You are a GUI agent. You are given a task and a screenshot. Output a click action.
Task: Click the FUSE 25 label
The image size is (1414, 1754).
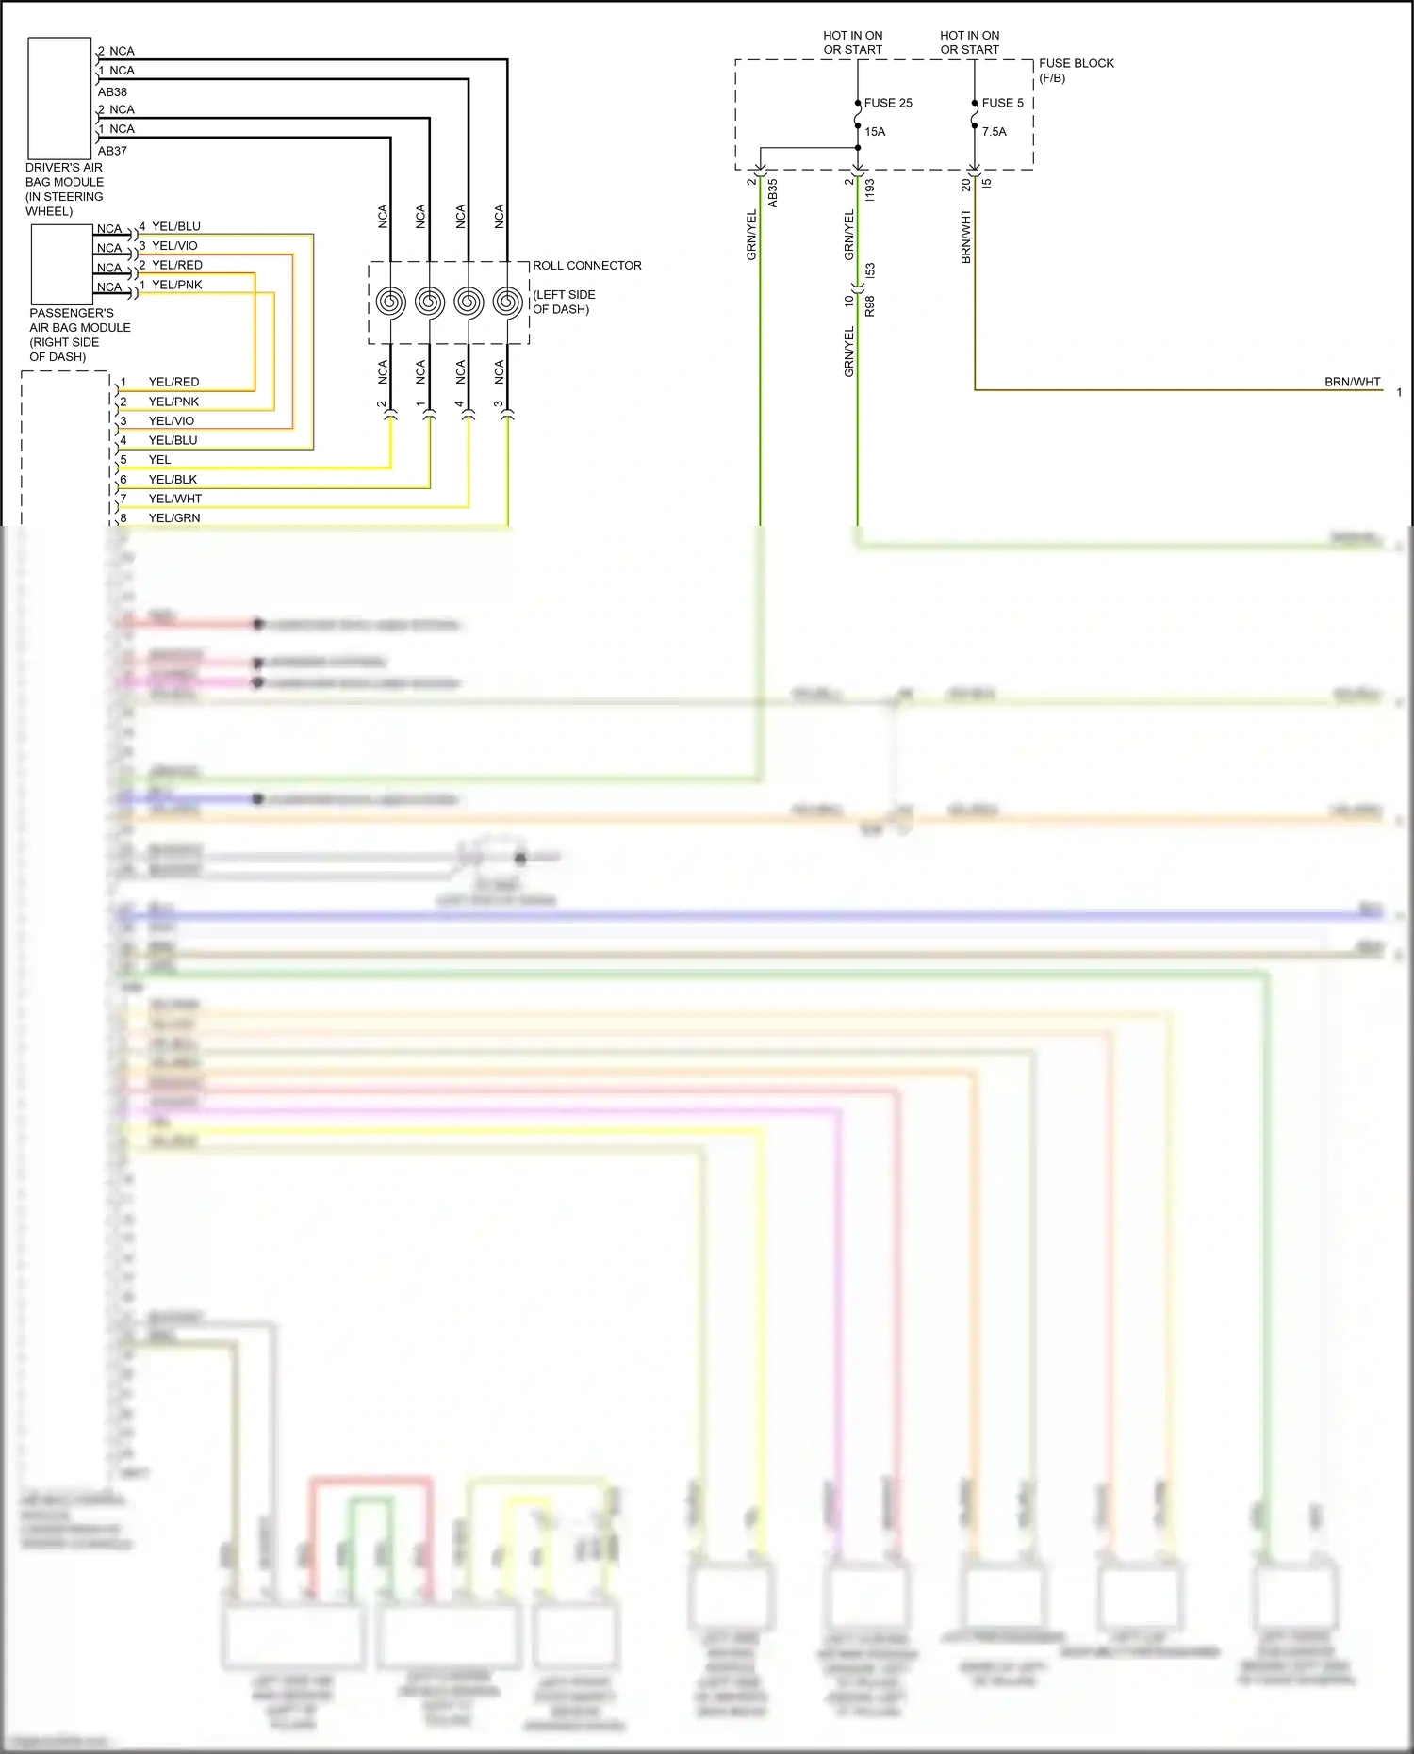[888, 103]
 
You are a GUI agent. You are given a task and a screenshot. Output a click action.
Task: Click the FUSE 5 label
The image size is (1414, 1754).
[1002, 103]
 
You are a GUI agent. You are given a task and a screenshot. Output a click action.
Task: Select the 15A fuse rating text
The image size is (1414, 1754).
[875, 132]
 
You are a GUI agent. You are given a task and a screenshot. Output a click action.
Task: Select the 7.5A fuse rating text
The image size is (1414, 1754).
[994, 132]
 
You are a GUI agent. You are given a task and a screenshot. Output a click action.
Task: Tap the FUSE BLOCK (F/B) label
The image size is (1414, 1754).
[1076, 70]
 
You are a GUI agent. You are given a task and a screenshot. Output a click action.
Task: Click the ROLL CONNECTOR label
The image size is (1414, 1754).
[586, 266]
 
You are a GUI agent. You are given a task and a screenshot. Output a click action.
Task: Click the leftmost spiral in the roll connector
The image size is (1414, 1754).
[390, 303]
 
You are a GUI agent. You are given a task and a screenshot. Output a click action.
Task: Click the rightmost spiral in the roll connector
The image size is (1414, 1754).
[507, 303]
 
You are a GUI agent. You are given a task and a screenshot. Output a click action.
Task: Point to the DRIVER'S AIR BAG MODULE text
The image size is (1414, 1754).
[64, 189]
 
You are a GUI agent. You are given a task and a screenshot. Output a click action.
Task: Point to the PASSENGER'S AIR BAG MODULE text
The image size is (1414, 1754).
[79, 335]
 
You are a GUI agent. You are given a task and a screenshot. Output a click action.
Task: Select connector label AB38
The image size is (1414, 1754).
[112, 92]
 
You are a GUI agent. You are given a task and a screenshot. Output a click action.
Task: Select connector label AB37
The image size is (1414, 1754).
[112, 151]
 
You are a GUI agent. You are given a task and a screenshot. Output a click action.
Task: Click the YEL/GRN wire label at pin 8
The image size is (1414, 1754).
[174, 518]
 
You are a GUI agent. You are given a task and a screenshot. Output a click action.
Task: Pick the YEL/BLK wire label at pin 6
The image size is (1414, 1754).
[173, 480]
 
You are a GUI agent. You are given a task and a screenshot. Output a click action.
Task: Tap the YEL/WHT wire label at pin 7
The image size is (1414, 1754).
[174, 499]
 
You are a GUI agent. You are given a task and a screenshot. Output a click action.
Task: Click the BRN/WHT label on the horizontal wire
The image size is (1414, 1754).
[1352, 382]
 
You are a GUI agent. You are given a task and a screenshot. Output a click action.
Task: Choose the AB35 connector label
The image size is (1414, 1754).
[772, 193]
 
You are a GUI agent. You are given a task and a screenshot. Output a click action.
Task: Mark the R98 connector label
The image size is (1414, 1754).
[869, 305]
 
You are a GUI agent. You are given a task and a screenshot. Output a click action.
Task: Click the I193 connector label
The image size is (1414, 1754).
[869, 190]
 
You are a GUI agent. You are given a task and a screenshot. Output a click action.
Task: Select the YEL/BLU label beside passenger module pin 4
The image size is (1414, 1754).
[176, 226]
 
